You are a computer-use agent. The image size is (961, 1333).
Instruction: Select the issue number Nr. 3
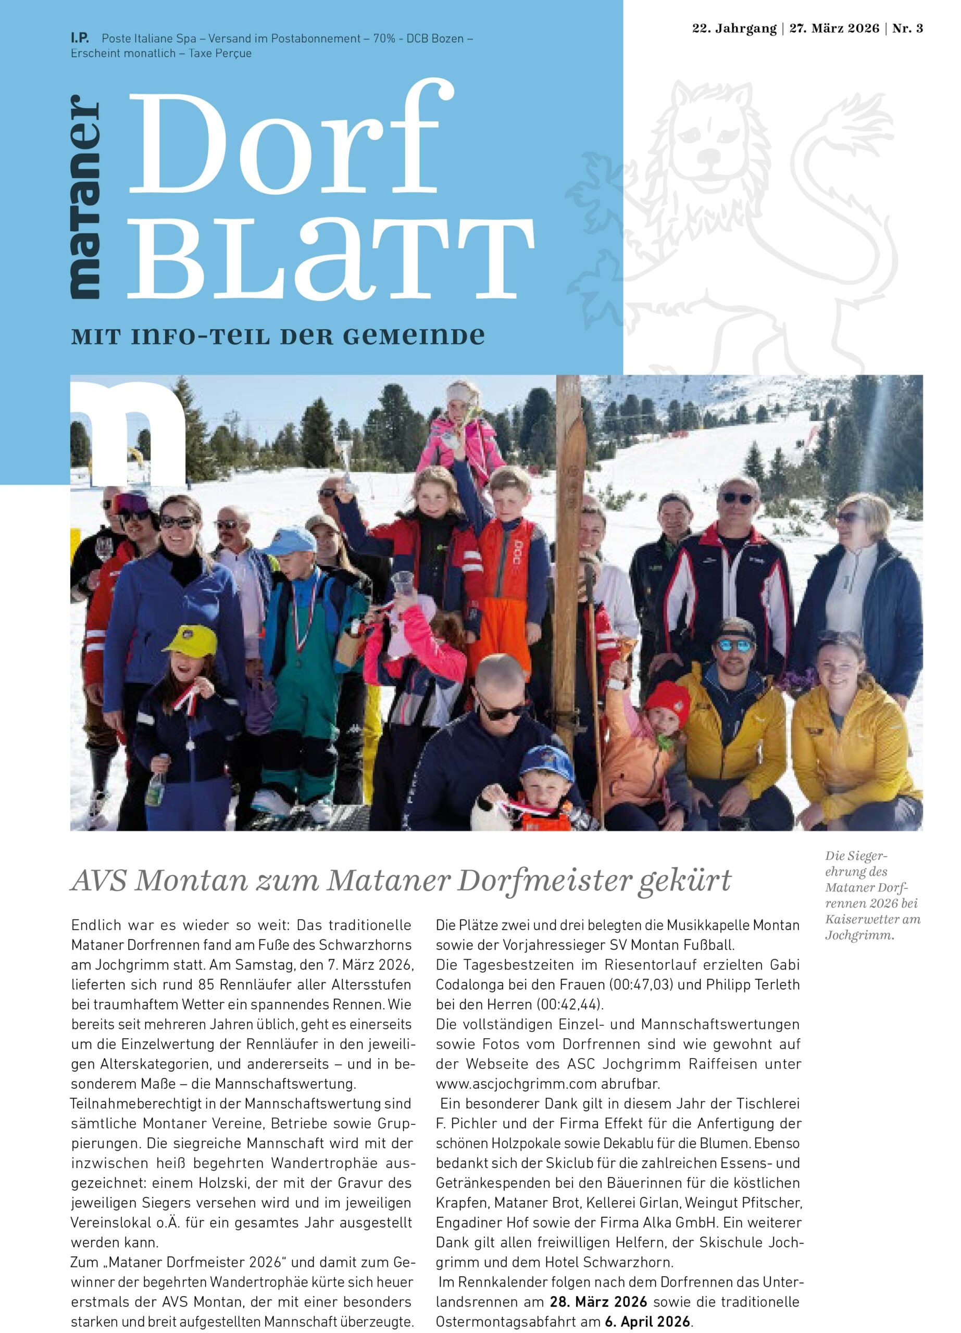click(907, 29)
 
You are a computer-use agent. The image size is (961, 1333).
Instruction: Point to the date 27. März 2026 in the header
click(834, 29)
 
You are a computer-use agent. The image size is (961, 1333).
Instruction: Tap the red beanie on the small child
click(667, 700)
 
